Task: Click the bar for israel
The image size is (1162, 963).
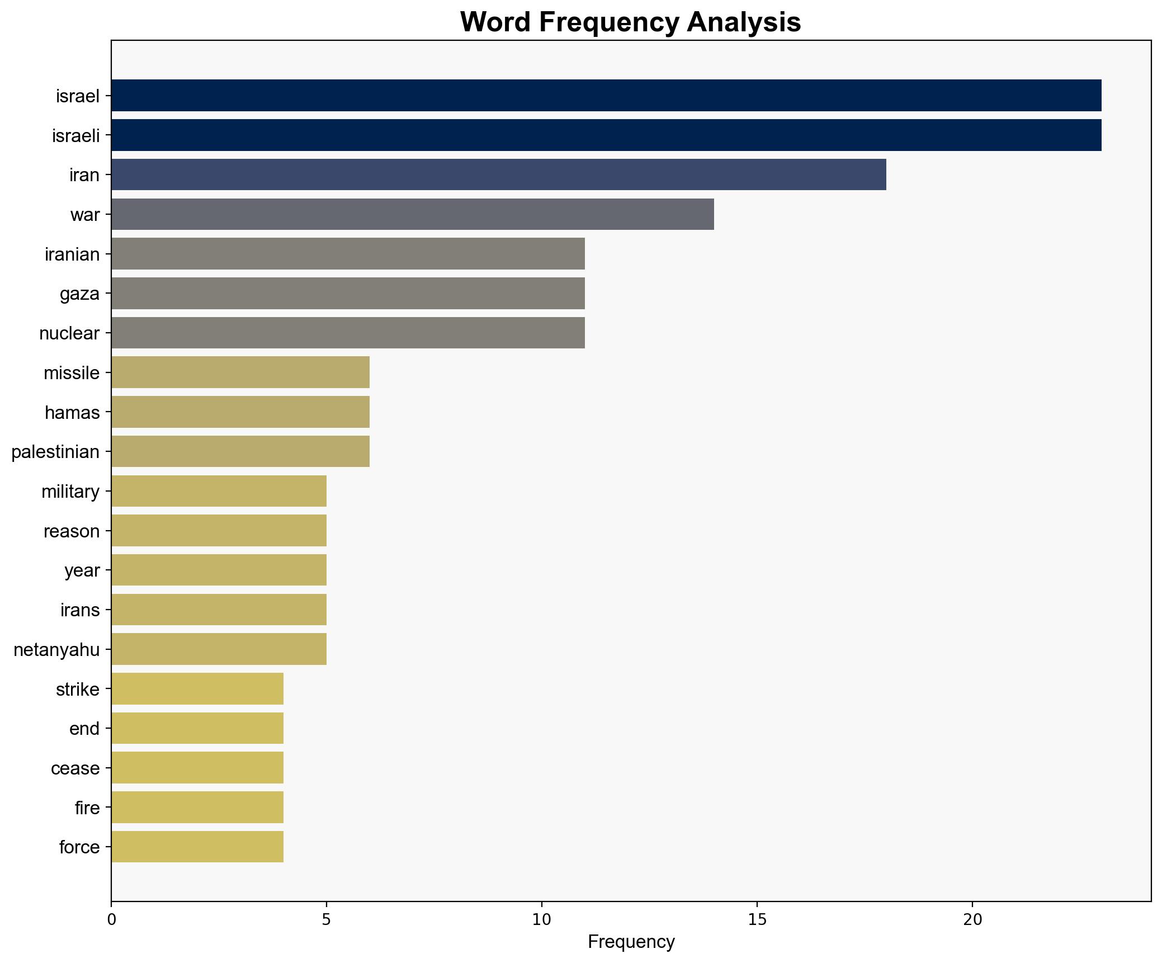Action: [606, 96]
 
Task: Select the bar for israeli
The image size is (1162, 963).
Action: [606, 135]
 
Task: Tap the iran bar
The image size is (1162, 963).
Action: [498, 175]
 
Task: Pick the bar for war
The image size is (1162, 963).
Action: [413, 214]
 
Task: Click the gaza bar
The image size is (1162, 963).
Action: [348, 294]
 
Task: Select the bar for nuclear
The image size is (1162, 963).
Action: [348, 333]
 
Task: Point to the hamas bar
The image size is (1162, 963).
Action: [240, 412]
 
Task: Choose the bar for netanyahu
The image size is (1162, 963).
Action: [219, 649]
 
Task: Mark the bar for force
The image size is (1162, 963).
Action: [197, 847]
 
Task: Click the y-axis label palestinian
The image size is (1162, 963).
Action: [55, 452]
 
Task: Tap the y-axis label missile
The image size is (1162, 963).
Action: [72, 373]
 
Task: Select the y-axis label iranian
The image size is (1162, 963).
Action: [72, 254]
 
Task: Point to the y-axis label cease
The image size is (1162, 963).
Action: [75, 768]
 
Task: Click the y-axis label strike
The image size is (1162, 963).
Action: [78, 689]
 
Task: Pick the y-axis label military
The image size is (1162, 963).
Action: [70, 492]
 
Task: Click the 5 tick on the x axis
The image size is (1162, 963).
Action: [327, 919]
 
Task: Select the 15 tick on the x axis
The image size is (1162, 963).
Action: [757, 919]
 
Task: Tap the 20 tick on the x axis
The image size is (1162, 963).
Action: [972, 919]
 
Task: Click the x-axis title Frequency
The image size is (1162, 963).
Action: [631, 942]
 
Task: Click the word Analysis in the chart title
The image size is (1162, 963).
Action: [744, 22]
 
